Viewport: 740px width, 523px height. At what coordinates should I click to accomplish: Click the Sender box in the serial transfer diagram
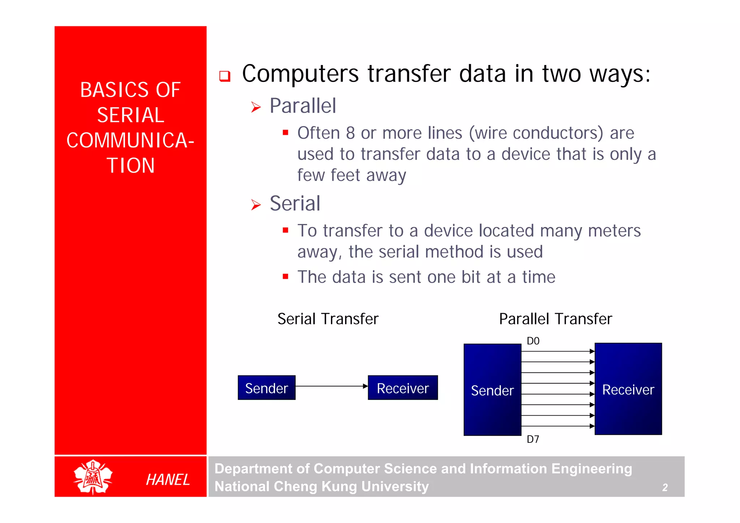(266, 388)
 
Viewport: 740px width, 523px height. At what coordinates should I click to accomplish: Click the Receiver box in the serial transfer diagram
(403, 388)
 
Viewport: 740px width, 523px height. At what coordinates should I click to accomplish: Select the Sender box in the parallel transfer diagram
(492, 390)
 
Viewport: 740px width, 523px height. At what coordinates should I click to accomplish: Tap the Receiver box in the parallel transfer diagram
(628, 389)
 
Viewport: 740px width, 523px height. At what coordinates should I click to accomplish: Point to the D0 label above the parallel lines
(533, 341)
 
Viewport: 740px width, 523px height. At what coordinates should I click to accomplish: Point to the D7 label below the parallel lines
(533, 439)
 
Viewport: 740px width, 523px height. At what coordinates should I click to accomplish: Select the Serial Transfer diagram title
(328, 319)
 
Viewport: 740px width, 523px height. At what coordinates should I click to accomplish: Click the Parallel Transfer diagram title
(555, 319)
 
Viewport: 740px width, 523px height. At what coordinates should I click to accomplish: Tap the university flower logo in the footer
(93, 477)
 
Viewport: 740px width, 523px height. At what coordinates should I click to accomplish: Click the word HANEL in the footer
(168, 480)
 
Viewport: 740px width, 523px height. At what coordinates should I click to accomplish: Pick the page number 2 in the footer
(665, 488)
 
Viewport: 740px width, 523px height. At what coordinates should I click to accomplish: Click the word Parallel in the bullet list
(303, 106)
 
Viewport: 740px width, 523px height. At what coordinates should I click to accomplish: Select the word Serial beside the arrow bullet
(295, 203)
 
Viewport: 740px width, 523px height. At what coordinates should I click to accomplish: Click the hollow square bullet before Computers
(225, 76)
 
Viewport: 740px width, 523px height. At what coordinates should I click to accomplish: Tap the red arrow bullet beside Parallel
(256, 107)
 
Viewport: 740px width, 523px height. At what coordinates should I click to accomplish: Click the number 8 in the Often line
(350, 133)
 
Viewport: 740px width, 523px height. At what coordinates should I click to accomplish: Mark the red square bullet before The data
(285, 277)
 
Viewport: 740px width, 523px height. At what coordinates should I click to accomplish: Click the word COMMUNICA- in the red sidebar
(130, 140)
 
